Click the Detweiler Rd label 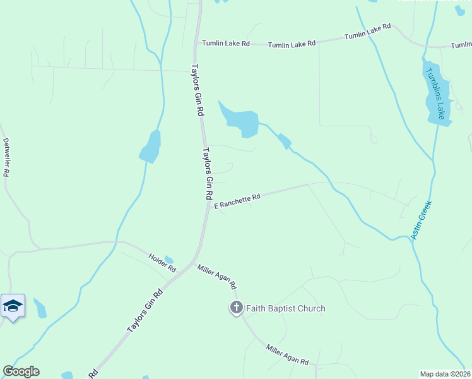click(7, 157)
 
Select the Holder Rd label click(162, 262)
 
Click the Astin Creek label click(420, 220)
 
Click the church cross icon click(236, 308)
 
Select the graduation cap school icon click(13, 306)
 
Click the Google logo click(21, 371)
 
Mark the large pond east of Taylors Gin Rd click(243, 121)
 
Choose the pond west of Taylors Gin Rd click(151, 147)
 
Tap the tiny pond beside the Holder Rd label click(168, 259)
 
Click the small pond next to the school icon click(40, 310)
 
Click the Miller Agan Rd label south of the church click(287, 355)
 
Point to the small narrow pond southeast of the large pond click(284, 141)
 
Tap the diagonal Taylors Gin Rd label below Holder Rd click(145, 311)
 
